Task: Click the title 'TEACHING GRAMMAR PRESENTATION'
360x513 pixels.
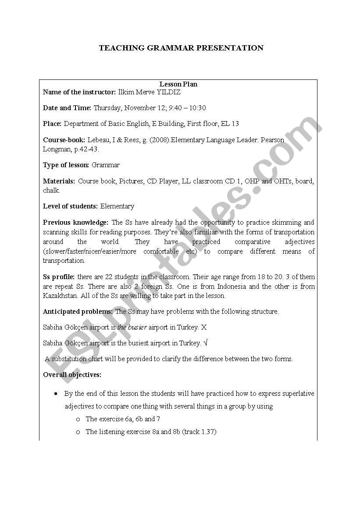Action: [x=181, y=48]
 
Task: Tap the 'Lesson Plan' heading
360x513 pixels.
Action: [x=178, y=84]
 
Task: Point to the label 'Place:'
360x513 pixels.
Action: [x=52, y=124]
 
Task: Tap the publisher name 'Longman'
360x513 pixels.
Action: [x=56, y=149]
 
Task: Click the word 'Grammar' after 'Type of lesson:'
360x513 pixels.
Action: [x=105, y=165]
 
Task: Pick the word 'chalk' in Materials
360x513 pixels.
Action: [x=51, y=190]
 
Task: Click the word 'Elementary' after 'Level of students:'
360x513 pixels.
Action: [x=117, y=206]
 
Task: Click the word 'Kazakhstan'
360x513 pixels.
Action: [x=61, y=296]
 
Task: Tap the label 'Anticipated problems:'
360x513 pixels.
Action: [x=78, y=312]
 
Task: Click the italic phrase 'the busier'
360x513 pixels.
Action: [x=132, y=327]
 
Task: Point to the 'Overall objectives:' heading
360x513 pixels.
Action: [x=72, y=375]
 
